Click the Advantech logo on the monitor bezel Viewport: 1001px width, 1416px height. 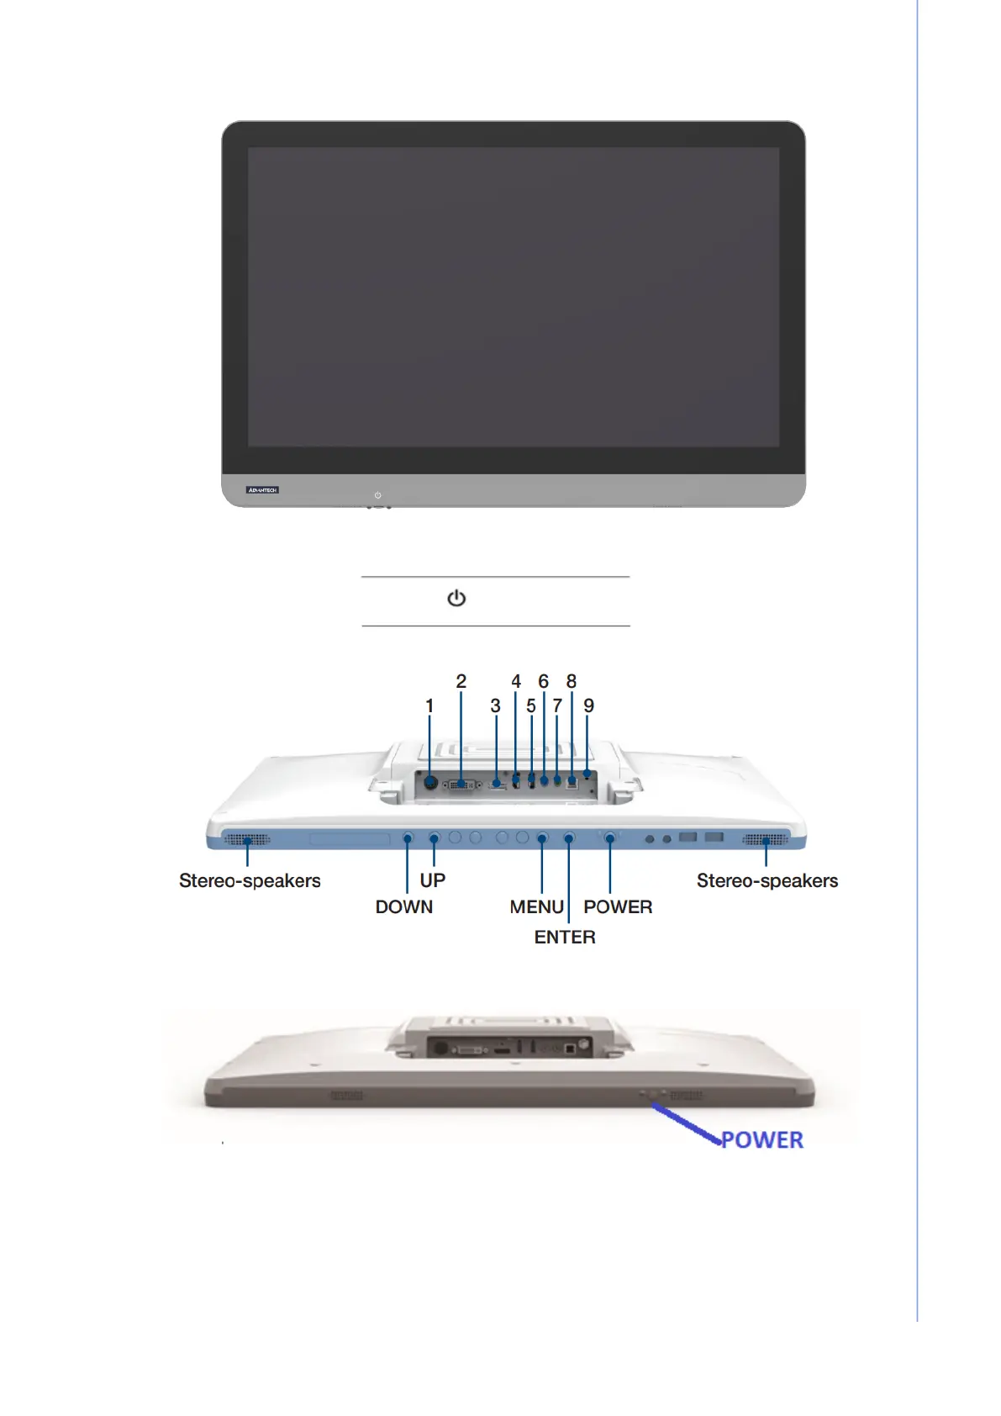[262, 489]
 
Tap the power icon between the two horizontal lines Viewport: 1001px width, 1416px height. [456, 598]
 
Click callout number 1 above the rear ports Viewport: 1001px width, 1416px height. [429, 706]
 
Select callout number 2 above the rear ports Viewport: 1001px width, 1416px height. [461, 681]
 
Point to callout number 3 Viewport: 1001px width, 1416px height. [495, 706]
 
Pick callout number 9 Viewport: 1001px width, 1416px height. [588, 706]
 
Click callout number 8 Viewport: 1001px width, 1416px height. [572, 681]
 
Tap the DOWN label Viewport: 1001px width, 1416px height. [404, 907]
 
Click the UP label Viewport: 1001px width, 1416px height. [433, 880]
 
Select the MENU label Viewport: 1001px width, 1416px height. [536, 907]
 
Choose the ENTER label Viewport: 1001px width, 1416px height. [565, 938]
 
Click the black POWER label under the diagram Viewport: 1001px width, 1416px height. [618, 907]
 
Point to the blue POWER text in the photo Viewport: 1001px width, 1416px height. [762, 1140]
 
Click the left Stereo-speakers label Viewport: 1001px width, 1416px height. [250, 881]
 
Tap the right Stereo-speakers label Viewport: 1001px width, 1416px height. [767, 881]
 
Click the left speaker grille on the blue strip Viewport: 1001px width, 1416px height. [247, 839]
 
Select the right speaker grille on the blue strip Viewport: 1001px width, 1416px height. [766, 839]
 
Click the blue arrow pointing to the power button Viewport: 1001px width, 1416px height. [685, 1123]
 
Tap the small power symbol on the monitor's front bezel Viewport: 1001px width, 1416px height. [377, 495]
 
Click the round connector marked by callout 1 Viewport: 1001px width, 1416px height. [430, 783]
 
